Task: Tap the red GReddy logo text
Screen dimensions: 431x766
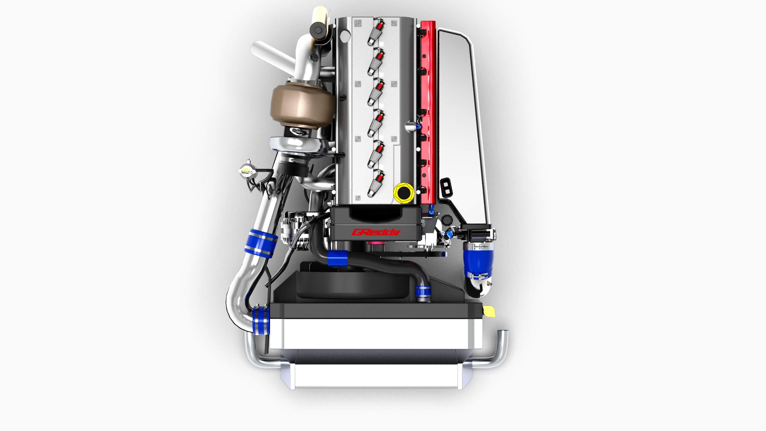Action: (376, 232)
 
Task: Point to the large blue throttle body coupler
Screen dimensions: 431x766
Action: (477, 260)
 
